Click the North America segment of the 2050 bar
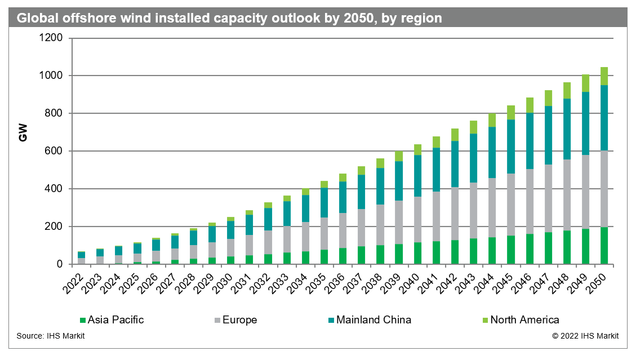tap(604, 76)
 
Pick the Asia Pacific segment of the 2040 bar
tap(417, 253)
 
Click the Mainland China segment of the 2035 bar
tap(324, 202)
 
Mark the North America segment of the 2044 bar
tap(492, 120)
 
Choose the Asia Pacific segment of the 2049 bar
tap(585, 246)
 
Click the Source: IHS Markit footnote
tap(51, 336)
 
